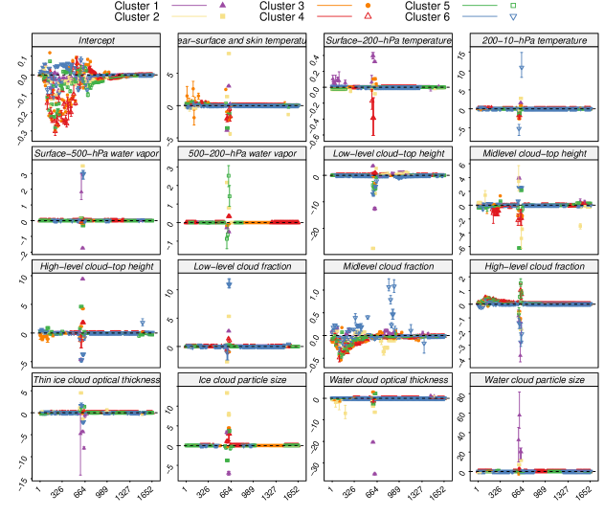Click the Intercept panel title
pyautogui.click(x=96, y=40)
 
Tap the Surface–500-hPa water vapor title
pyautogui.click(x=96, y=153)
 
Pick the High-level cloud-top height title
pyautogui.click(x=96, y=266)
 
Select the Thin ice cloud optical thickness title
pyautogui.click(x=96, y=380)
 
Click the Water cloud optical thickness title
pyautogui.click(x=388, y=380)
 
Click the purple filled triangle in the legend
pyautogui.click(x=223, y=5)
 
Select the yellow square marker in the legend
pyautogui.click(x=223, y=16)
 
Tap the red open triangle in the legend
pyautogui.click(x=369, y=16)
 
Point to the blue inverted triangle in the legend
pyautogui.click(x=514, y=16)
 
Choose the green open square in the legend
pyautogui.click(x=514, y=5)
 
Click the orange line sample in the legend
pyautogui.click(x=334, y=5)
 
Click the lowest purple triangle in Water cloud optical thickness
pyautogui.click(x=374, y=473)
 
